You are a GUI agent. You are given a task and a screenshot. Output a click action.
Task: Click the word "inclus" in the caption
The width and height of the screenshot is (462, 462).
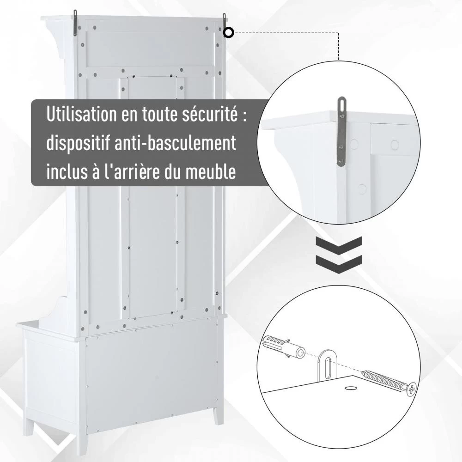coord(66,172)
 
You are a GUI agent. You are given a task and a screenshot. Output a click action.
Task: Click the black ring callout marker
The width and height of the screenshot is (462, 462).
coord(228,32)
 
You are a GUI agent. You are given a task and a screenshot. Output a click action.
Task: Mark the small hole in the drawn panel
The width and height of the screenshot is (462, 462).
coord(350,389)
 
